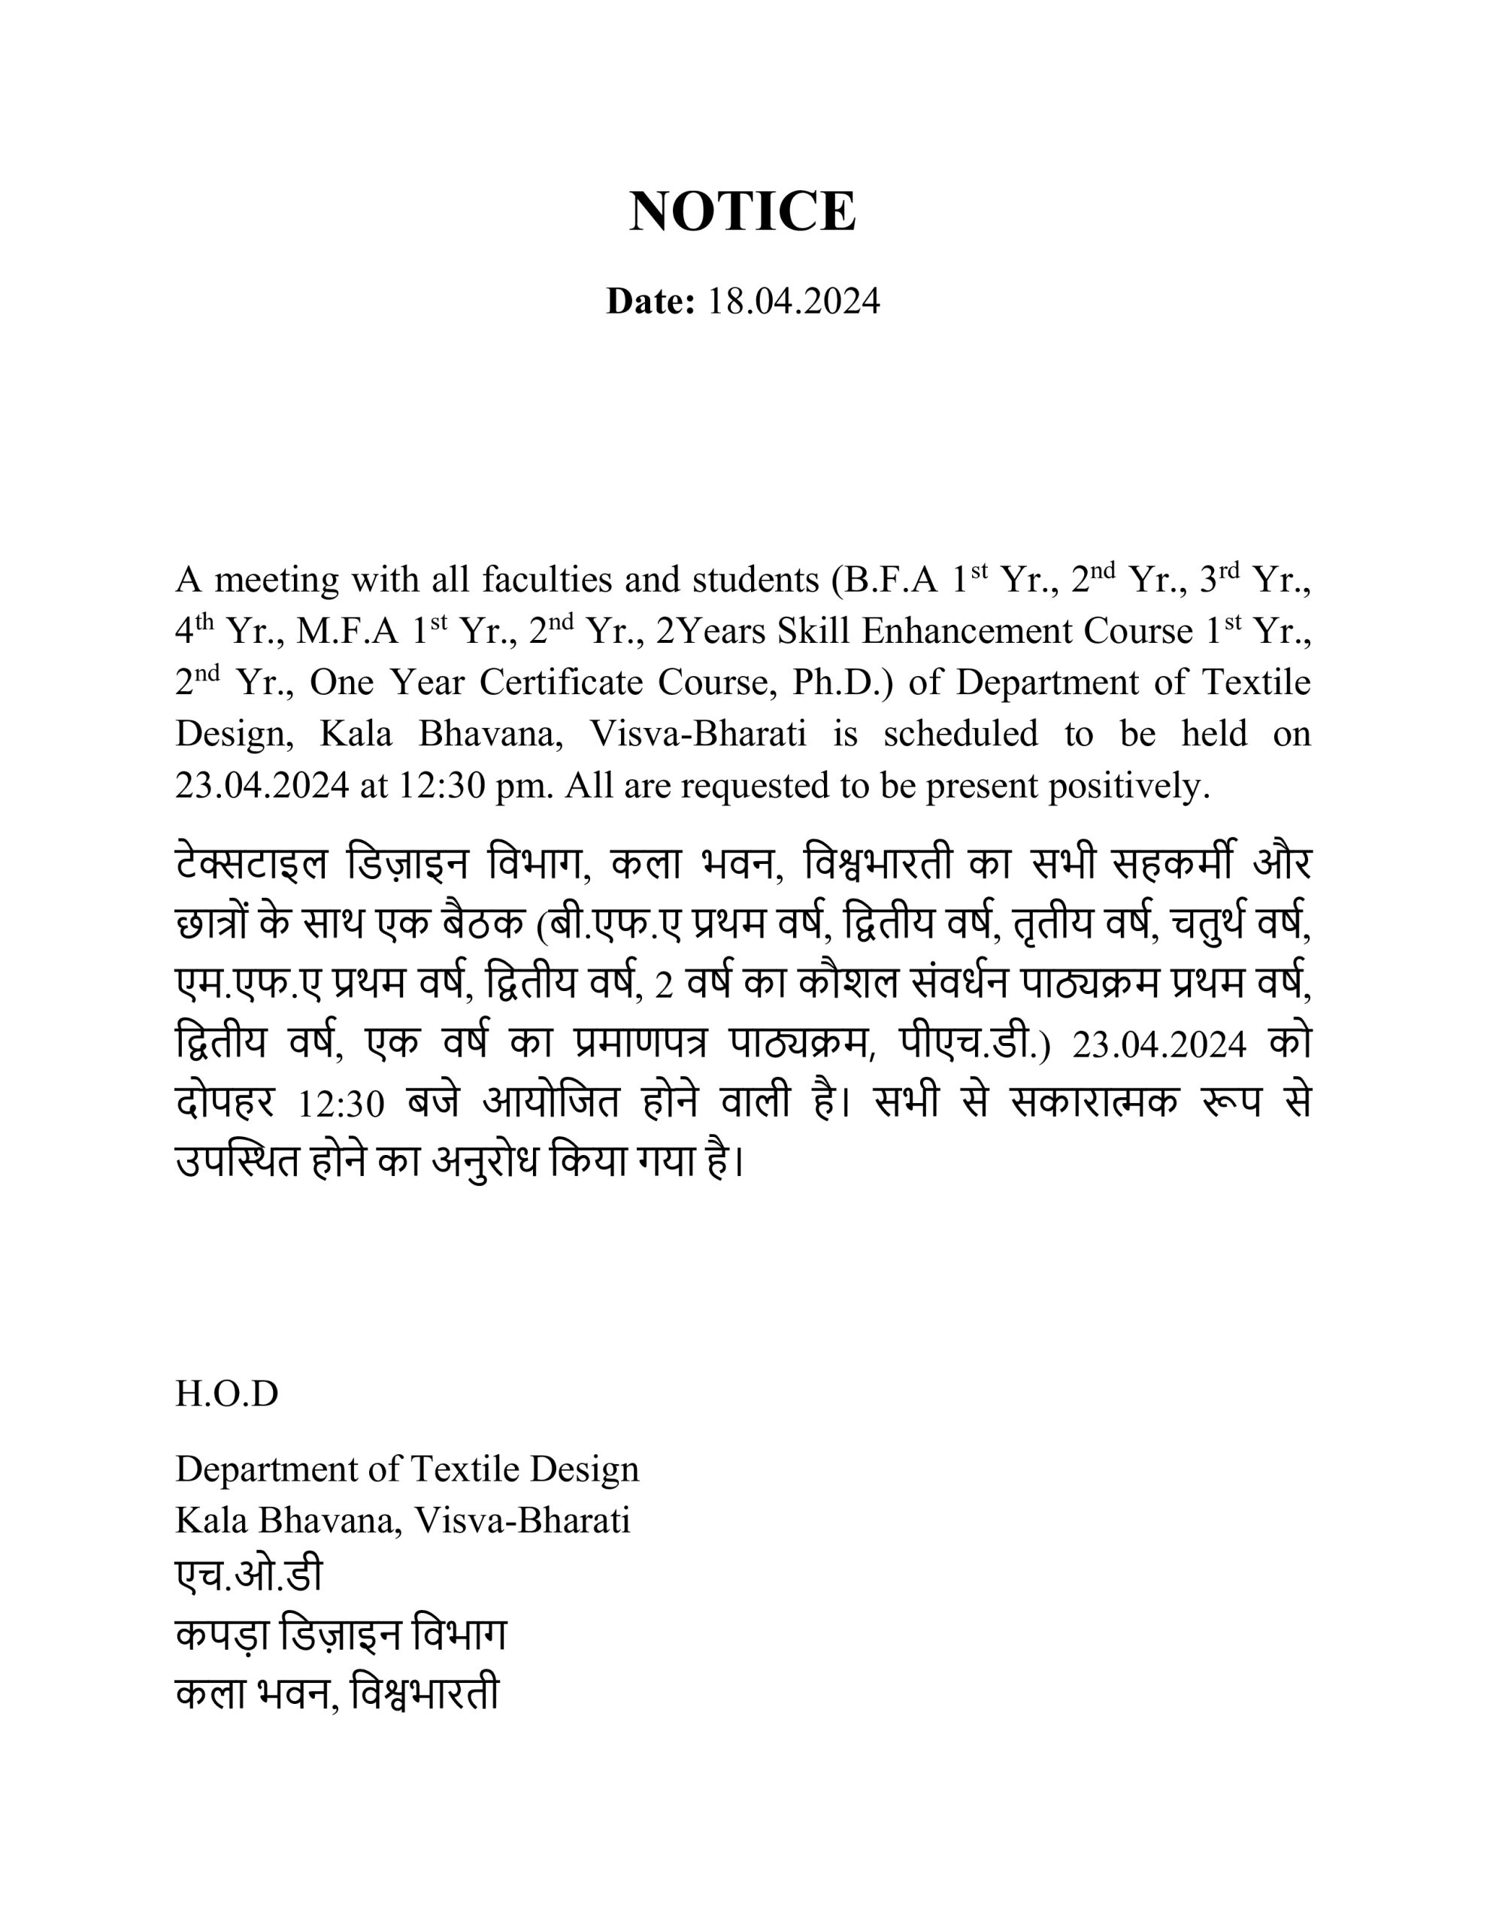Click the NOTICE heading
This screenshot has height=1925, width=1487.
point(742,211)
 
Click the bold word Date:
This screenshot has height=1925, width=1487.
point(650,302)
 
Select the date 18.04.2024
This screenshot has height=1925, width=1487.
point(793,302)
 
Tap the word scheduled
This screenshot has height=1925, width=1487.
point(960,734)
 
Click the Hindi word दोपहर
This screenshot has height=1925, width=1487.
point(226,1102)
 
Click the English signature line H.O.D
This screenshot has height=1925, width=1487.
point(226,1393)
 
